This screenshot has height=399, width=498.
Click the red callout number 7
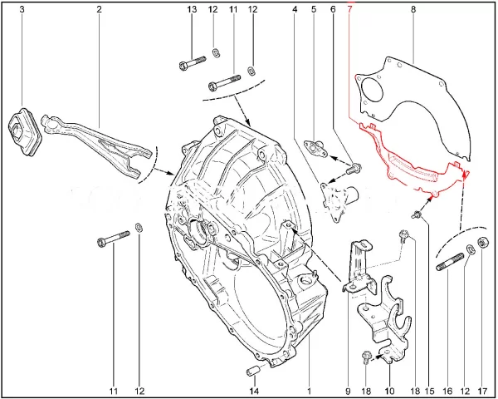click(x=349, y=9)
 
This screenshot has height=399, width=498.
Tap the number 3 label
click(x=22, y=9)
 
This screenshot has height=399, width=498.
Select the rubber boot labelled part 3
click(x=24, y=131)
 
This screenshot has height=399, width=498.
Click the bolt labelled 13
click(x=193, y=63)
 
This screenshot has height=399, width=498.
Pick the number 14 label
click(x=254, y=391)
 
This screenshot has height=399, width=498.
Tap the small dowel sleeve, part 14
click(x=253, y=371)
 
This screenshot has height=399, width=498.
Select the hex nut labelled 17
click(x=483, y=243)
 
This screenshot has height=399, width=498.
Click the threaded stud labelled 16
click(x=450, y=262)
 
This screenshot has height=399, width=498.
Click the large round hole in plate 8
click(x=373, y=90)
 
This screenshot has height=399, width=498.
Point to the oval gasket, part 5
click(x=315, y=149)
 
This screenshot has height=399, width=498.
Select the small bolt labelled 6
click(x=353, y=169)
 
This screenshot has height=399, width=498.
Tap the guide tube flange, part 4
click(x=338, y=201)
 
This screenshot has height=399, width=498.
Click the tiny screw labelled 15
click(x=417, y=215)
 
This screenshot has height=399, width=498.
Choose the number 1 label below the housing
click(x=309, y=391)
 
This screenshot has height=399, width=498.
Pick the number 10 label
click(x=390, y=391)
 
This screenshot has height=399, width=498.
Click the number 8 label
click(x=413, y=9)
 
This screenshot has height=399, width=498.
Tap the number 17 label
click(x=482, y=391)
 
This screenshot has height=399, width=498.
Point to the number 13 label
click(x=192, y=9)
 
